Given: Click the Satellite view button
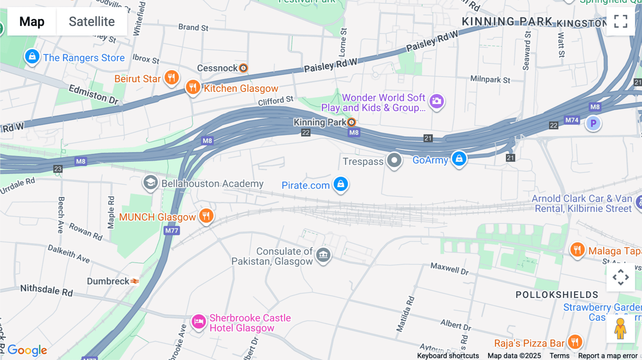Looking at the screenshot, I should pyautogui.click(x=92, y=21).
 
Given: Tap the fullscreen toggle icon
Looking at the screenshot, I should pyautogui.click(x=621, y=21).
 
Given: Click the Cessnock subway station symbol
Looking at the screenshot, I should pyautogui.click(x=243, y=68).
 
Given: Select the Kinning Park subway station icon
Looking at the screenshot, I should pyautogui.click(x=352, y=122).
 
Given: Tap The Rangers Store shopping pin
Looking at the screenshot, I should pyautogui.click(x=32, y=57).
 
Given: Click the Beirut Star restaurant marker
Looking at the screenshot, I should pyautogui.click(x=172, y=78).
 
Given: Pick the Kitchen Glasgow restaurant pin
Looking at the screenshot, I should pyautogui.click(x=193, y=87).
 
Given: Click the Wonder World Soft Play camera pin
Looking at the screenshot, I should pyautogui.click(x=437, y=102).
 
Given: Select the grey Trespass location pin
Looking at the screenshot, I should pyautogui.click(x=394, y=160).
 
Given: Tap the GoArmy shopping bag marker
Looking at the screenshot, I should pyautogui.click(x=459, y=159).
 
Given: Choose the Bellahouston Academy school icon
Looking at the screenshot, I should pyautogui.click(x=151, y=183).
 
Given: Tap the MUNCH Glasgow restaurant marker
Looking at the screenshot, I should pyautogui.click(x=206, y=216).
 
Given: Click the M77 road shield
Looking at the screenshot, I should pyautogui.click(x=172, y=231).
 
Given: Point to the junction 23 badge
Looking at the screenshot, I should pyautogui.click(x=58, y=169).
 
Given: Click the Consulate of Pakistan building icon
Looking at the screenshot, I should pyautogui.click(x=323, y=255).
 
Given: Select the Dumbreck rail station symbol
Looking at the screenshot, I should pyautogui.click(x=134, y=281).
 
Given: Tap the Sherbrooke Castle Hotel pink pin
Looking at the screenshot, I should pyautogui.click(x=199, y=322).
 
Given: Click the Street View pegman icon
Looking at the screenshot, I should pyautogui.click(x=620, y=329).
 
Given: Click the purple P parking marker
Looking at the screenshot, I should pyautogui.click(x=593, y=124).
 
